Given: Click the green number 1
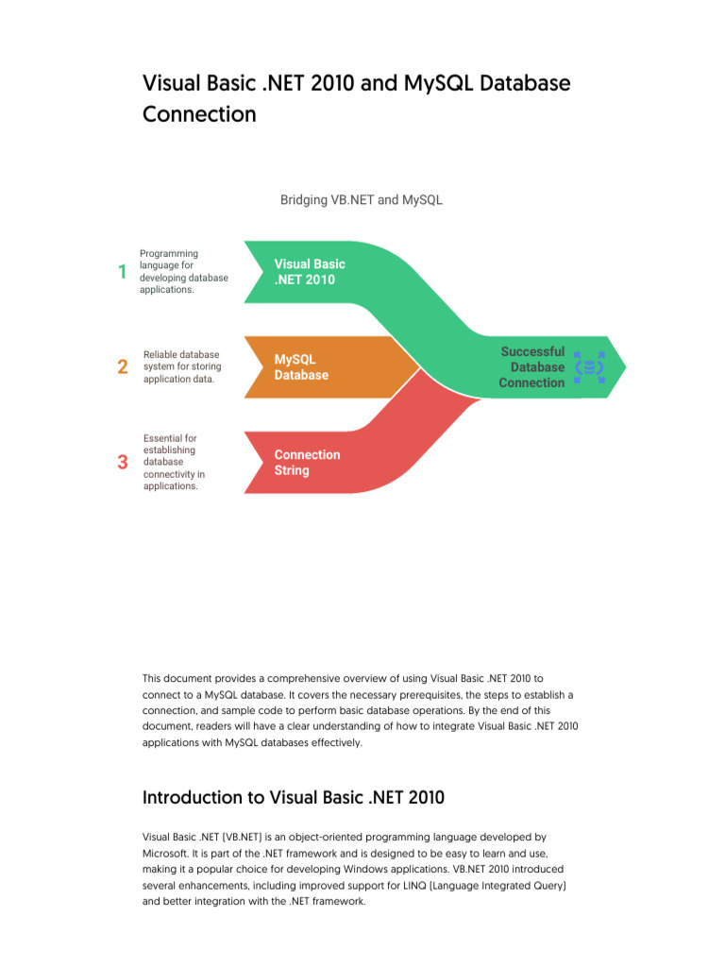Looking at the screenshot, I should pos(122,272).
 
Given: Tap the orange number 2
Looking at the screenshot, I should pos(123,367).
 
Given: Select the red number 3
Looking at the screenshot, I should pos(122,462).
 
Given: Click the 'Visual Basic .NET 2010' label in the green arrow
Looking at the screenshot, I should pos(310,272).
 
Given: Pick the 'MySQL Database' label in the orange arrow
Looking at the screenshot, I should pos(301,367).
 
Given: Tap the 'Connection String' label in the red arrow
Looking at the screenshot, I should pos(307,462).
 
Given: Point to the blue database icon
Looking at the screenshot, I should pos(590,366).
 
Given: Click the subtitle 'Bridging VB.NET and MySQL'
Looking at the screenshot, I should pos(362,200).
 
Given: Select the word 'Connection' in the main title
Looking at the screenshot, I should pos(199,114).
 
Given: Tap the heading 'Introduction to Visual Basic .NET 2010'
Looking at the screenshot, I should pos(293,797).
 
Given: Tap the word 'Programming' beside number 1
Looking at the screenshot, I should pos(169,254).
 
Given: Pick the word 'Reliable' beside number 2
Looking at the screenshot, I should pos(162,355).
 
